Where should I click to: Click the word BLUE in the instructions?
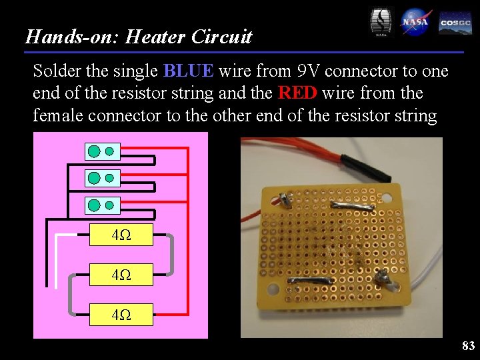(x=189, y=71)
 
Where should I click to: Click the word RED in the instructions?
(x=297, y=93)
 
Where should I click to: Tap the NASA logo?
(x=415, y=23)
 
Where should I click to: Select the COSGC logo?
(x=455, y=23)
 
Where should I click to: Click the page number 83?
(x=468, y=345)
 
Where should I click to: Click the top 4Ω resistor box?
(x=121, y=235)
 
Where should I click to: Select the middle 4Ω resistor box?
(x=121, y=274)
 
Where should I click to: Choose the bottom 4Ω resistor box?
(x=121, y=313)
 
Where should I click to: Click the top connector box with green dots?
(x=102, y=151)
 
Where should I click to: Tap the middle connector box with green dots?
(x=102, y=178)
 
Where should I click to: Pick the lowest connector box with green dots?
(x=102, y=205)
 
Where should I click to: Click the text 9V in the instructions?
(x=309, y=71)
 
